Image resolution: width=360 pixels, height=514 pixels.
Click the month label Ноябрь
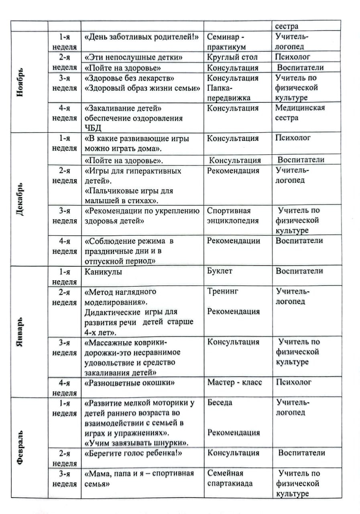(x=20, y=82)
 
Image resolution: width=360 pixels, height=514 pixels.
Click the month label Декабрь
(x=20, y=200)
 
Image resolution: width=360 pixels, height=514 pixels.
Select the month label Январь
(x=20, y=332)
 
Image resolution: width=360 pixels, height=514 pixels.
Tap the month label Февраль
(x=20, y=448)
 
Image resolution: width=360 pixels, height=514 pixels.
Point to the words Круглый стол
(x=232, y=57)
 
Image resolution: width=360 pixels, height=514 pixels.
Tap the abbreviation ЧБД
(x=93, y=128)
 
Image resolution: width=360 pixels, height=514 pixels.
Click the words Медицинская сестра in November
(x=299, y=113)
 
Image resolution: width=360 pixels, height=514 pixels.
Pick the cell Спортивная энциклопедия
(x=233, y=216)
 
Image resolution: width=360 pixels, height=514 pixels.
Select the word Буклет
(x=220, y=271)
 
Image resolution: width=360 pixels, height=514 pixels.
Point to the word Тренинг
(x=223, y=292)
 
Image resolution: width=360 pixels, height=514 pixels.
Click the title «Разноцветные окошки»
(x=129, y=383)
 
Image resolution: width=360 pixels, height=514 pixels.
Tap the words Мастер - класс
(x=234, y=382)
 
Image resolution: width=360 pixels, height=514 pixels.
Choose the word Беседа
(x=220, y=402)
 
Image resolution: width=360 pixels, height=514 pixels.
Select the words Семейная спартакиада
(x=230, y=478)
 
